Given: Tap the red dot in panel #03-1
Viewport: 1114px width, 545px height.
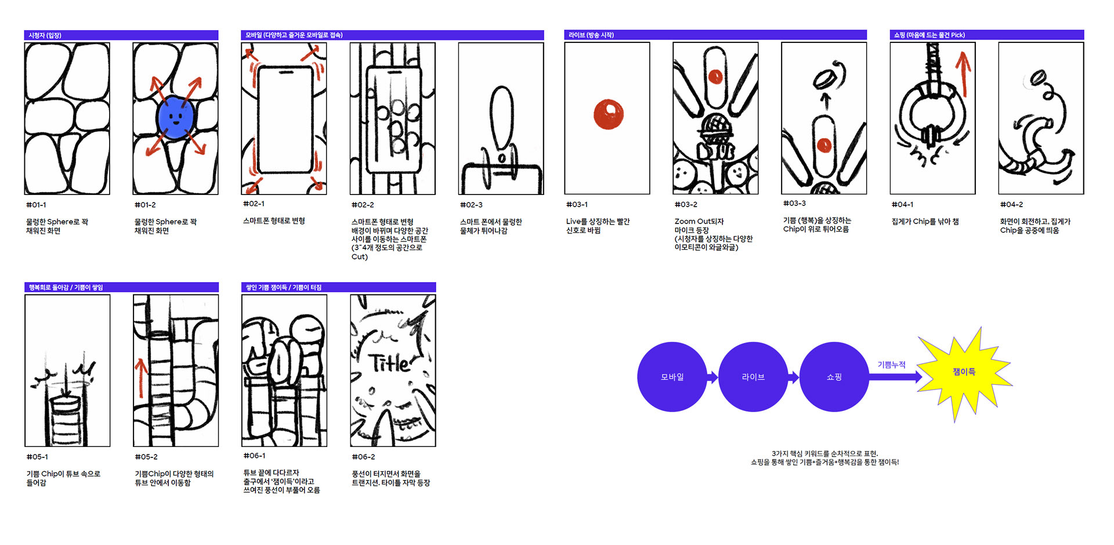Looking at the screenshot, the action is (x=608, y=114).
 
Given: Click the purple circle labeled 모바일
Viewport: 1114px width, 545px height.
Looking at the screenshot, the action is (x=672, y=377).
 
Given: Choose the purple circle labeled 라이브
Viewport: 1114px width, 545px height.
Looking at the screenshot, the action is (x=753, y=377).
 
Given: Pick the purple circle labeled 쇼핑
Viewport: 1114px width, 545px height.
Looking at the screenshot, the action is (x=834, y=377).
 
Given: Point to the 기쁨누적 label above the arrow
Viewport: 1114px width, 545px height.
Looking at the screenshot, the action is (x=891, y=364).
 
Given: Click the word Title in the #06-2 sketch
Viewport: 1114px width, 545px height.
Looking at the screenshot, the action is (x=390, y=363).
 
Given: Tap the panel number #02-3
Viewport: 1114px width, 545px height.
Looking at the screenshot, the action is (x=471, y=205).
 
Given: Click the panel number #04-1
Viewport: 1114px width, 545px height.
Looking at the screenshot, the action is (x=902, y=204).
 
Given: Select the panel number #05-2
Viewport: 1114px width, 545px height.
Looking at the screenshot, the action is (x=146, y=457).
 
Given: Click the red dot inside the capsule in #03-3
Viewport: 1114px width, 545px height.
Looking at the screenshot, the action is (x=824, y=145).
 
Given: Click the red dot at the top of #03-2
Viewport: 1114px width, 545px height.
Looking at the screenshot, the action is (x=715, y=76).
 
